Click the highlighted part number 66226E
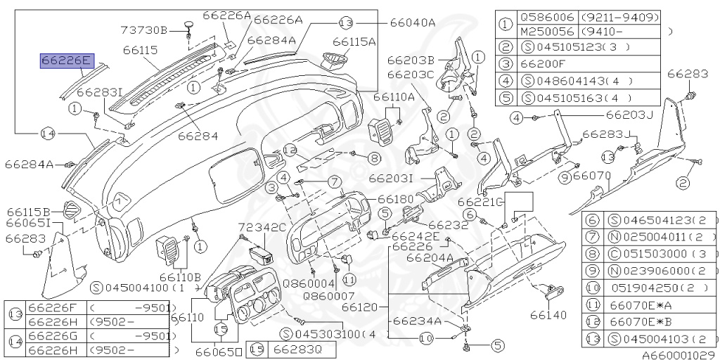coord(66,61)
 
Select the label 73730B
coord(144,30)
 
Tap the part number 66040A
coord(413,22)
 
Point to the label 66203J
coord(630,115)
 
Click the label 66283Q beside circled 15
coord(298,349)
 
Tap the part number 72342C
coord(262,228)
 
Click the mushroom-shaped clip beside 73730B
coord(189,26)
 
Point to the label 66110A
coord(395,97)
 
